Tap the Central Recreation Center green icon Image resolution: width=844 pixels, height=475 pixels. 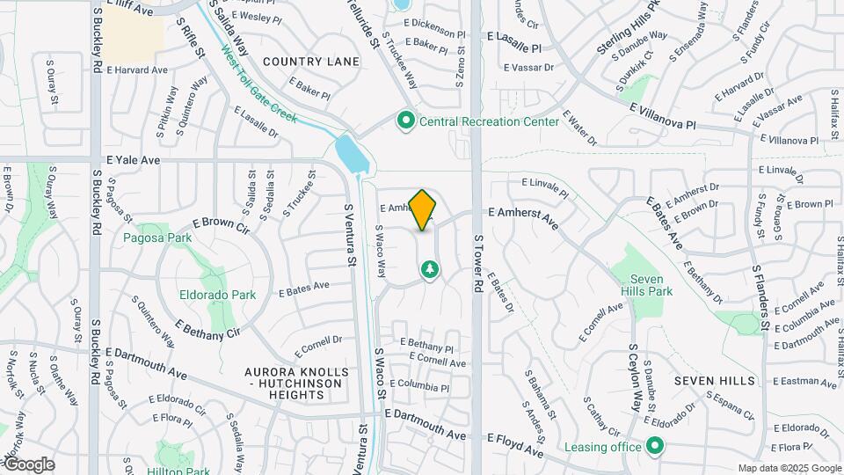(x=405, y=121)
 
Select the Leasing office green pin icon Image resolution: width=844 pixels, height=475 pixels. (x=654, y=446)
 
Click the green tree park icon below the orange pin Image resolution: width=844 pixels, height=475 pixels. (x=430, y=268)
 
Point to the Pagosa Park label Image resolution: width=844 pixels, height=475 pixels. (x=157, y=238)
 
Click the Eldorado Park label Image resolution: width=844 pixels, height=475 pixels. (x=217, y=295)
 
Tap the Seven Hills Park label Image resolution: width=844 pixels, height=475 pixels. (x=651, y=285)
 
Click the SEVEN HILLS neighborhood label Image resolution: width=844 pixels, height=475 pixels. (x=715, y=381)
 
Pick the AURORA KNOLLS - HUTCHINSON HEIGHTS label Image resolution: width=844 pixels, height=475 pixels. (x=298, y=384)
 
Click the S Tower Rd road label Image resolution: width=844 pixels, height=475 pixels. (x=479, y=263)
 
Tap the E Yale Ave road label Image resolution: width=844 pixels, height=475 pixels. (x=133, y=161)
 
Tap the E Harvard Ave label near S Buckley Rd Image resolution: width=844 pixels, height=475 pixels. (x=137, y=70)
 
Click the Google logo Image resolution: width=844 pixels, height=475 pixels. (x=28, y=464)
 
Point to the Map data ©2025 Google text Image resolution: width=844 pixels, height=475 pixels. (x=789, y=468)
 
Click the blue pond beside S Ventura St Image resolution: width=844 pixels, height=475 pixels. (x=352, y=153)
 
